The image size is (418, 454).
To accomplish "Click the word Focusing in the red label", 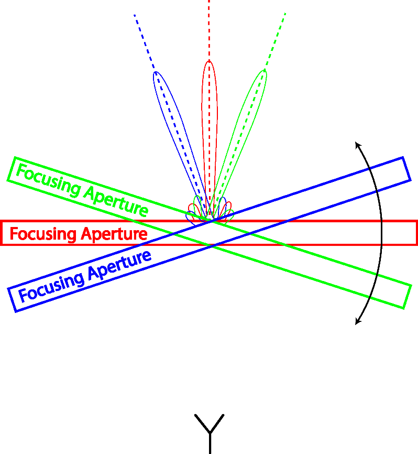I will [x=43, y=234].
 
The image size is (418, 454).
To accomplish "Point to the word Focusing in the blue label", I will [x=51, y=285].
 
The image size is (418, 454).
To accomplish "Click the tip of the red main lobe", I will [x=209, y=61].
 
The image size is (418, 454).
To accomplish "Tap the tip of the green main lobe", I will [x=264, y=70].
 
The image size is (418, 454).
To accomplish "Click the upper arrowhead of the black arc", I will [x=356, y=142].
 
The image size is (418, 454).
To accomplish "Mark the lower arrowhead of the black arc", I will [x=356, y=324].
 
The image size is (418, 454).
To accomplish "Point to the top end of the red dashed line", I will [x=209, y=2].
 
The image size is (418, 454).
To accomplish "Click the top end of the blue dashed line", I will [x=135, y=15].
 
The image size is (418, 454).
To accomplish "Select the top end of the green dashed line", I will [x=285, y=13].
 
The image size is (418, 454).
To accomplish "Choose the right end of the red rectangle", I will [x=416, y=233].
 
